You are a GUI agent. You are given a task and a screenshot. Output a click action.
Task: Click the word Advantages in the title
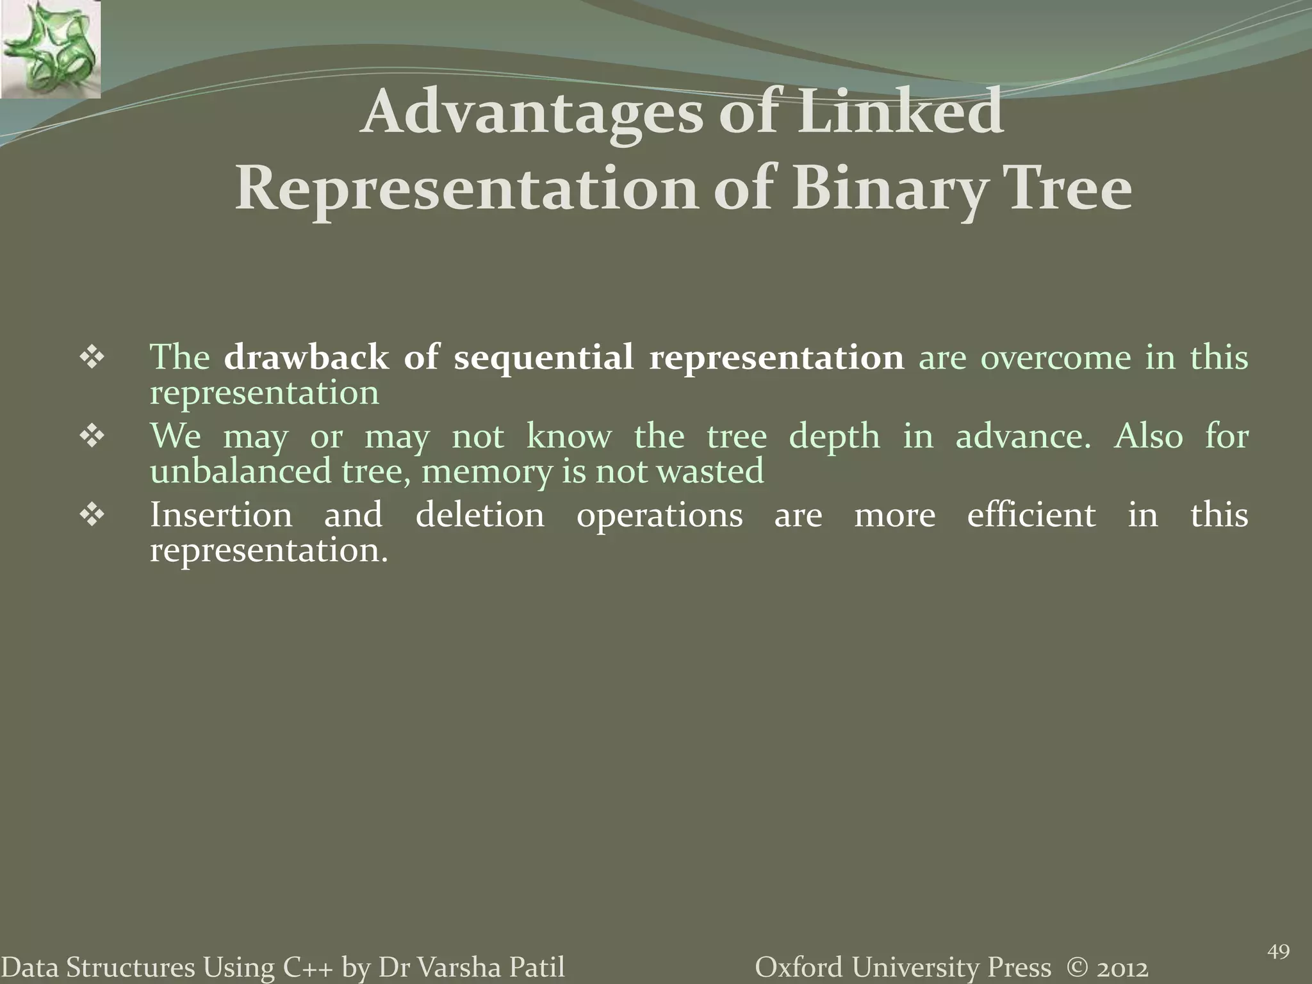(530, 113)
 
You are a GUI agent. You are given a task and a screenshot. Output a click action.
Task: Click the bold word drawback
(306, 357)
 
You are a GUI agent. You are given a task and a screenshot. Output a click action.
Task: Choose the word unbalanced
(240, 471)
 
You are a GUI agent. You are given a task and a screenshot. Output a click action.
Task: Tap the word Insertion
(221, 515)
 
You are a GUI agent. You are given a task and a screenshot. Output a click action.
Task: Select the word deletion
(480, 515)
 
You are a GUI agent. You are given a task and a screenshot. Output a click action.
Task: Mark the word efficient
(1031, 515)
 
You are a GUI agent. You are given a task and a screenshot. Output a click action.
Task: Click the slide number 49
(1278, 952)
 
